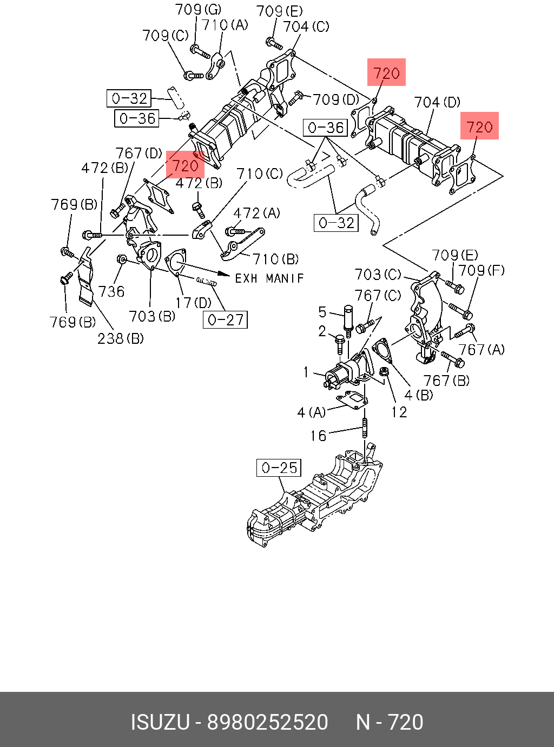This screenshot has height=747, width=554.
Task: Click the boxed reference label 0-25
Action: [279, 468]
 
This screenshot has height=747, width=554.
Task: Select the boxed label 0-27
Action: [225, 319]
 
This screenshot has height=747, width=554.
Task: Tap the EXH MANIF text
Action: [269, 278]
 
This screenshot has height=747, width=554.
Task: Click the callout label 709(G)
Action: [198, 10]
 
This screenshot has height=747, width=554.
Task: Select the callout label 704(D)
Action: [437, 102]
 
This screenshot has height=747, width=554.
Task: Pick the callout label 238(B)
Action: [121, 338]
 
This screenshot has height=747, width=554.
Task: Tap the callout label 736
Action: [111, 291]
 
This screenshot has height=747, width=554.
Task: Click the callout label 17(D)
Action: [193, 303]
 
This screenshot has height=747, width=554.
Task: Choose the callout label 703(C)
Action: [378, 275]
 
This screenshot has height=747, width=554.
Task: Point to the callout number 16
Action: [318, 436]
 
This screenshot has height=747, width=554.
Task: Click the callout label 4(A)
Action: [312, 412]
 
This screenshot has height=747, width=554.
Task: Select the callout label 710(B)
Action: [275, 259]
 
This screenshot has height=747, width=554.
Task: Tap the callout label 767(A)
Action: [482, 350]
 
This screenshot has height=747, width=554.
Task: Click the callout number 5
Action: [322, 312]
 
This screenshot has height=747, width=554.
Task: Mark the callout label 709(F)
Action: [482, 270]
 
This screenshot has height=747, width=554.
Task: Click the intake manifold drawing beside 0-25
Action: [315, 495]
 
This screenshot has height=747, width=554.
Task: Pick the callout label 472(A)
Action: [256, 213]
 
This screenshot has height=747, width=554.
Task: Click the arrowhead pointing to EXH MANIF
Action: [224, 274]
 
